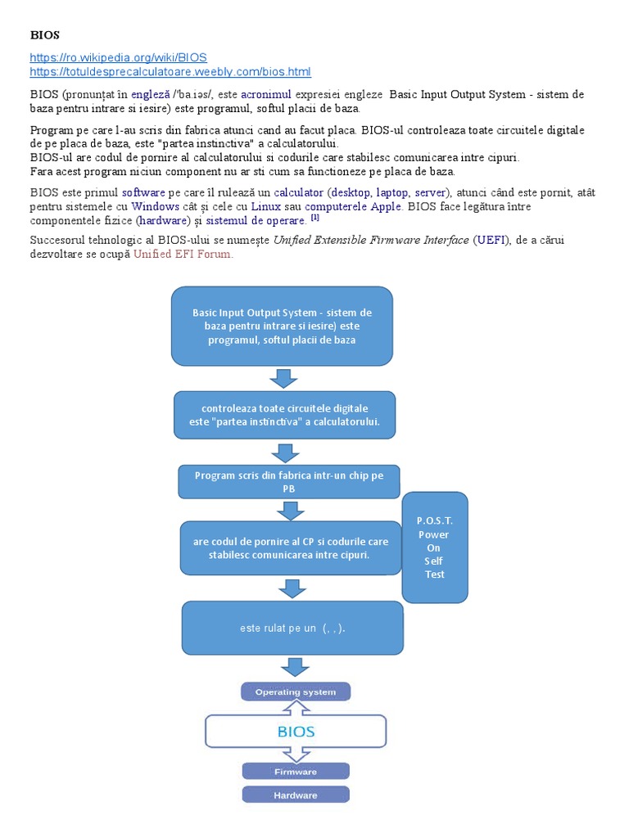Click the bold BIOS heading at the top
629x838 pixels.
pyautogui.click(x=45, y=35)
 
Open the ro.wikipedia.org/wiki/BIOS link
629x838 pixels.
pyautogui.click(x=118, y=57)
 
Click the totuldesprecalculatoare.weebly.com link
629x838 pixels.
pyautogui.click(x=170, y=72)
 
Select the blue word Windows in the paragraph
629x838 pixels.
pyautogui.click(x=155, y=206)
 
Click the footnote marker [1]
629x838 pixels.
pyautogui.click(x=314, y=219)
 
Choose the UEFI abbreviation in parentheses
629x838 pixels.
pyautogui.click(x=495, y=240)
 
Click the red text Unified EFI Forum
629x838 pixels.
pyautogui.click(x=183, y=254)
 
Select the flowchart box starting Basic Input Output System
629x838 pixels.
pyautogui.click(x=282, y=326)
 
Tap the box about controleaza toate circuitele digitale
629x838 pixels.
pyautogui.click(x=284, y=414)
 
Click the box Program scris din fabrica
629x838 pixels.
pyautogui.click(x=288, y=481)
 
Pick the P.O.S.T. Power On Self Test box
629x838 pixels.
pyautogui.click(x=434, y=547)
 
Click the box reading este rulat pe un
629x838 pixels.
pyautogui.click(x=292, y=628)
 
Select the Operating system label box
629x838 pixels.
pyautogui.click(x=295, y=692)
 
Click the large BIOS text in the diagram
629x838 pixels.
pyautogui.click(x=296, y=731)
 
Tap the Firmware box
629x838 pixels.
pyautogui.click(x=295, y=771)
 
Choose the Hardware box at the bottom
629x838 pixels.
pyautogui.click(x=295, y=795)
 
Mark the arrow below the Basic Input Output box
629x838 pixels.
pyautogui.click(x=283, y=378)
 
